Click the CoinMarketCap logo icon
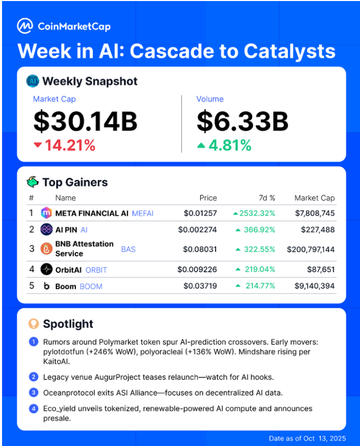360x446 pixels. (x=24, y=26)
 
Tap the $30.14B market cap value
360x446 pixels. (x=86, y=122)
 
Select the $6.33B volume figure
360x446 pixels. (x=242, y=122)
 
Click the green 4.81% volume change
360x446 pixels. (x=224, y=146)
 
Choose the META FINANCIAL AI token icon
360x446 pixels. (x=46, y=212)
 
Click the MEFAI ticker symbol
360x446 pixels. (x=143, y=213)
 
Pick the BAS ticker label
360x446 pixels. (x=128, y=249)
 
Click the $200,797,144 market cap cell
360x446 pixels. (x=311, y=249)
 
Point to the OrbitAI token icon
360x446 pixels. (x=46, y=269)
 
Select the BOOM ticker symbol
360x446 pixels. (x=91, y=286)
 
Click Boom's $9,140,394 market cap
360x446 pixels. (x=313, y=286)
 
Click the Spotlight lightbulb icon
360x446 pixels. (x=34, y=324)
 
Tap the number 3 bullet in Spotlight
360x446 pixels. (x=34, y=393)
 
